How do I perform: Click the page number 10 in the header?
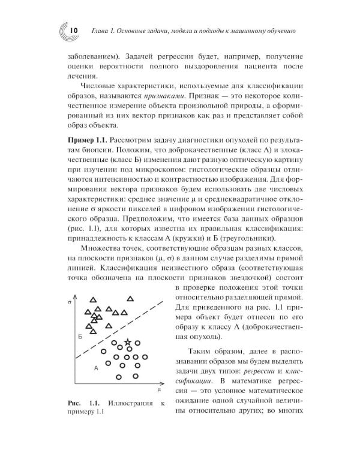[x=66, y=31]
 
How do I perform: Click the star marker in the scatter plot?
[x=127, y=343]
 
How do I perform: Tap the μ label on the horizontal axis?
[x=160, y=389]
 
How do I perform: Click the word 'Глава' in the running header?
[x=100, y=31]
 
